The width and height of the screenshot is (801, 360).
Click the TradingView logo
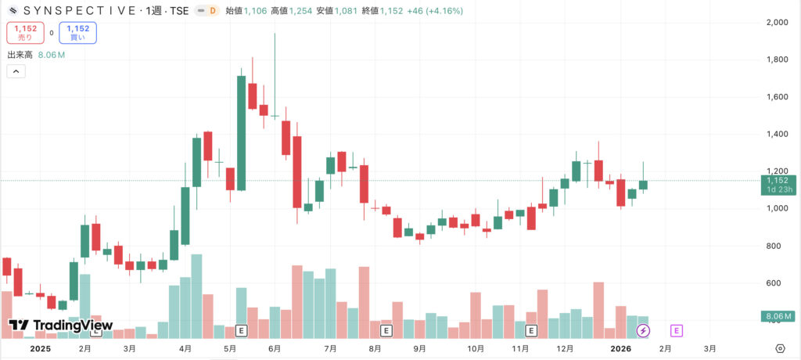61,326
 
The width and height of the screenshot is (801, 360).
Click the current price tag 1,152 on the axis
778,181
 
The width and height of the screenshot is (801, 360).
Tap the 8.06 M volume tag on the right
778,316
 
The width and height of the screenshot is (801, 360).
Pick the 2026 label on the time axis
621,348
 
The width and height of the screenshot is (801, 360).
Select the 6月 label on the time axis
274,348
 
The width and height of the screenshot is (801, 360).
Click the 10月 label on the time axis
476,348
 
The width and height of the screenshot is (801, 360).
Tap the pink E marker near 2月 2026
677,331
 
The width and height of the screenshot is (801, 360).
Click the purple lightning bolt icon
643,331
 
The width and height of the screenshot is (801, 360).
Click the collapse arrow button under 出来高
16,71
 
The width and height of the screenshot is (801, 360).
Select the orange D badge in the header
211,12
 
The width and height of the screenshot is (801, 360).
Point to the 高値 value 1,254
301,12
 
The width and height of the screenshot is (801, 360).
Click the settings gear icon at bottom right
780,348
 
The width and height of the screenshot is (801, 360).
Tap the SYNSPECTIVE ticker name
78,12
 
